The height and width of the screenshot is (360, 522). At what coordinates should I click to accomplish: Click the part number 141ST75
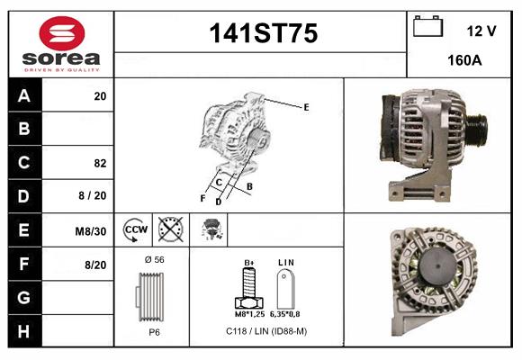[263, 34]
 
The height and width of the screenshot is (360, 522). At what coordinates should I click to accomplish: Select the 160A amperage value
[463, 61]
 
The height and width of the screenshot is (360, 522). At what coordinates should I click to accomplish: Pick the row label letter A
[24, 96]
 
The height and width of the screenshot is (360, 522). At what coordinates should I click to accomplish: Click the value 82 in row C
[100, 164]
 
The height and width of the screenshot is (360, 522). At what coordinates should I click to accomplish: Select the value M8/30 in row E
[91, 231]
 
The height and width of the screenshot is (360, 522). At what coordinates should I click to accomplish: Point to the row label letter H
[24, 332]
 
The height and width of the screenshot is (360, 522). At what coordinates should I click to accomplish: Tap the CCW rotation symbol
[135, 229]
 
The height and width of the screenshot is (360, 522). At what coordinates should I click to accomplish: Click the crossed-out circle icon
[169, 229]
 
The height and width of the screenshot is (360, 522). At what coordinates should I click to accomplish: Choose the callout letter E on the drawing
[306, 107]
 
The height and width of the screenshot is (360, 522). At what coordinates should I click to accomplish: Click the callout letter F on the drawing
[202, 197]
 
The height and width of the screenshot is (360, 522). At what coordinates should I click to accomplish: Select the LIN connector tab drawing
[287, 291]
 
